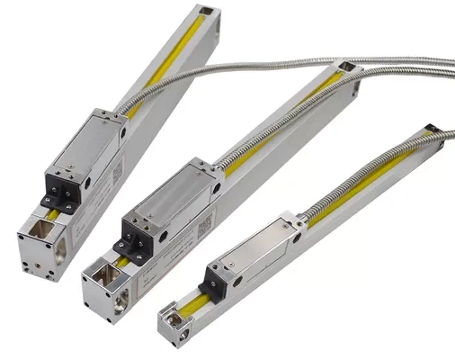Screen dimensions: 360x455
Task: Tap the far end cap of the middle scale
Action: pos(346,69)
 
